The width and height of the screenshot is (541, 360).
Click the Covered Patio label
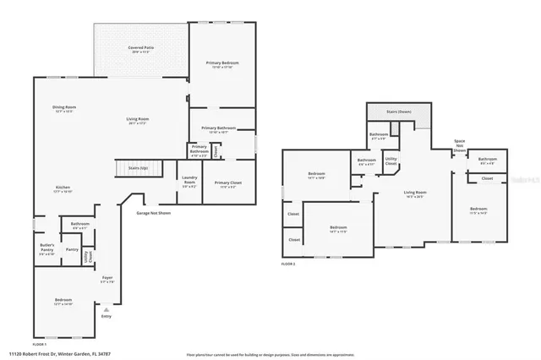139,49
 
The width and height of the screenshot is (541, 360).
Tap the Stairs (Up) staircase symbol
132,168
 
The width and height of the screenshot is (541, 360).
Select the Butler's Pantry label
46,248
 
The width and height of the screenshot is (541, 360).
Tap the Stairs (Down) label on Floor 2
399,111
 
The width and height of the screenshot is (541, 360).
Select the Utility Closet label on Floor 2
391,161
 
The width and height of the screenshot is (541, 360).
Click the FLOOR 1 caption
39,345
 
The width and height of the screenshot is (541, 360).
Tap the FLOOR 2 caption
288,264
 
